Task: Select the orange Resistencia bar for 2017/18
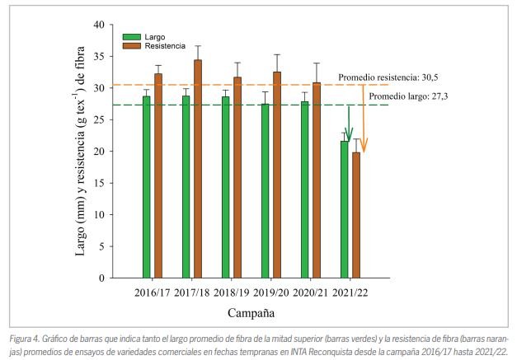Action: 198,169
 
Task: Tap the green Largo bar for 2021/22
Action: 345,209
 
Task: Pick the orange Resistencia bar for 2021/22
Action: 356,215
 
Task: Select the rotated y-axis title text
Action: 82,152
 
